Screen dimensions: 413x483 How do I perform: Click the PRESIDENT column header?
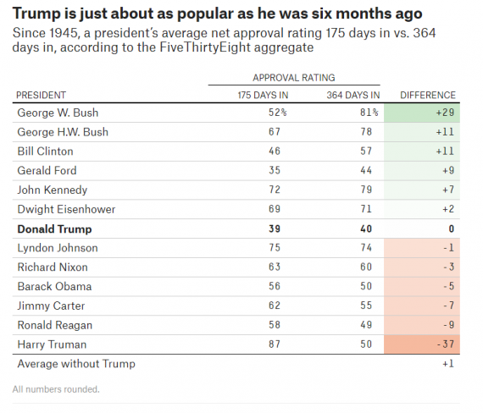pos(42,95)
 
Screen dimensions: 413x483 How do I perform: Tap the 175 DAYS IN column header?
pos(263,95)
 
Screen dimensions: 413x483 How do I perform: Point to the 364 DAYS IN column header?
pos(353,95)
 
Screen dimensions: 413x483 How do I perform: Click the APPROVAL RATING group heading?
pos(294,77)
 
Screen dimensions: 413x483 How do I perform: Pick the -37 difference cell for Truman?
pos(444,344)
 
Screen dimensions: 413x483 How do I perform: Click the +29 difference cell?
pos(444,113)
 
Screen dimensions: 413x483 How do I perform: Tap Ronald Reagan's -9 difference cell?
pos(447,325)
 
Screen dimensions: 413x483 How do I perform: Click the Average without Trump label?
pos(75,364)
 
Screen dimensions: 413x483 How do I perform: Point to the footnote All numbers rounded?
pos(56,389)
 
